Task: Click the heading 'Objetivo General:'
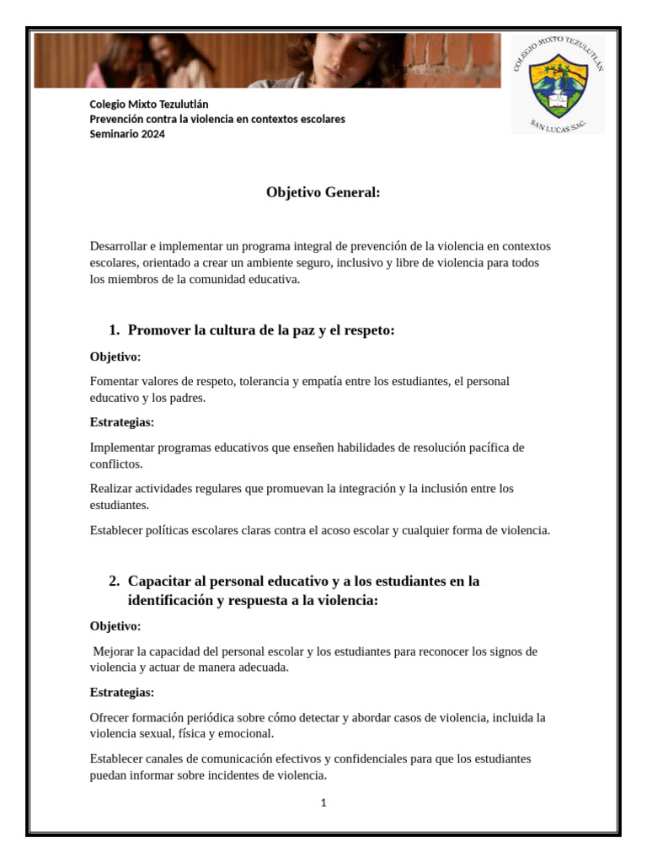(323, 193)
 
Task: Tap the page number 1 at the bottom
(323, 803)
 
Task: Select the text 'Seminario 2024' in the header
(127, 134)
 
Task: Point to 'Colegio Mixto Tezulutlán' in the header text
(149, 104)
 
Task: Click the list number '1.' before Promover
(115, 330)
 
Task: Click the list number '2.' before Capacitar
(115, 582)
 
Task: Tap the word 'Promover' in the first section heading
(159, 330)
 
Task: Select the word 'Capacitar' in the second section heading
(160, 582)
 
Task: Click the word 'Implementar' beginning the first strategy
(122, 447)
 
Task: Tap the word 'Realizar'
(111, 488)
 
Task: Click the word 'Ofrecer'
(110, 717)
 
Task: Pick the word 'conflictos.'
(116, 464)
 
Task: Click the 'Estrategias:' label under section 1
(122, 422)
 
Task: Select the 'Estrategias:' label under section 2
(122, 693)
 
